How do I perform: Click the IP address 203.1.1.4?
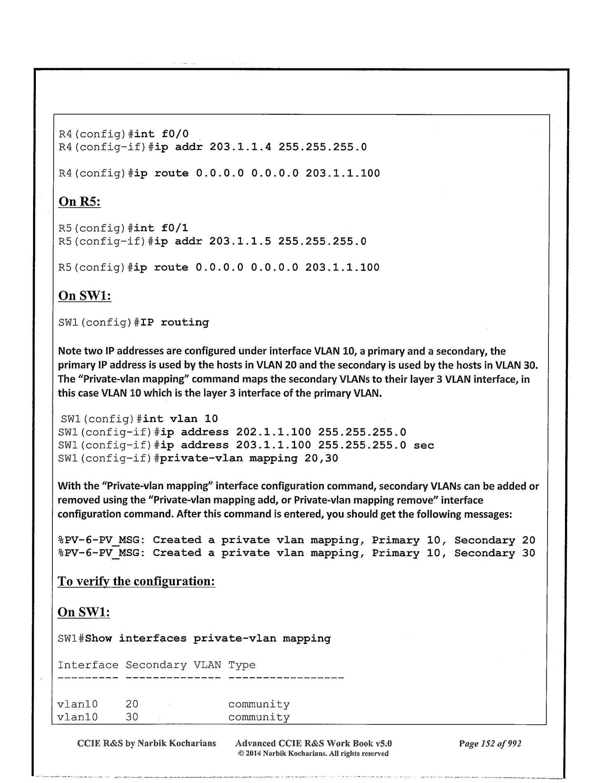coord(240,147)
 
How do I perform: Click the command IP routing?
coord(175,322)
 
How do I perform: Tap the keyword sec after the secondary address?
coord(423,445)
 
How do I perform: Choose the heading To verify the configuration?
coord(136,581)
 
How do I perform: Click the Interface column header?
coord(87,665)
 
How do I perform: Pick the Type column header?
coord(242,665)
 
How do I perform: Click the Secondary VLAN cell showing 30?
coord(132,717)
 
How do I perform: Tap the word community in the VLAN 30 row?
coord(259,717)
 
